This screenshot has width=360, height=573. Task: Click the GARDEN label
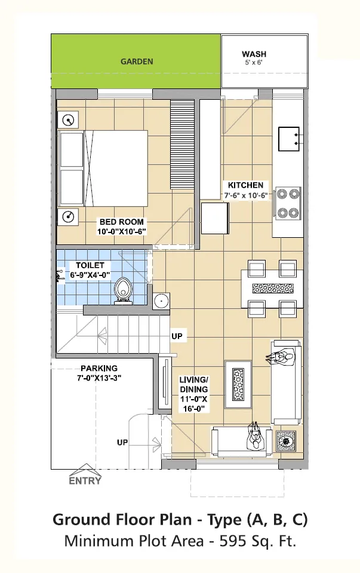137,62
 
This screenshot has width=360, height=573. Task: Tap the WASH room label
254,54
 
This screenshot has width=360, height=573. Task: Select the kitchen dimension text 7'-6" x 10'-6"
246,195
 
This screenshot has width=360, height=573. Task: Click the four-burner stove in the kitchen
288,203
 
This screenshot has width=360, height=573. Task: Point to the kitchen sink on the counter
289,139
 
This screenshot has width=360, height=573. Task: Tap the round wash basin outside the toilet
161,301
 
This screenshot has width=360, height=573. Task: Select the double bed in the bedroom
103,168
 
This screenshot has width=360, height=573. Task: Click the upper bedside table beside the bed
68,120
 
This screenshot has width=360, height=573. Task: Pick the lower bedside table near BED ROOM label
68,217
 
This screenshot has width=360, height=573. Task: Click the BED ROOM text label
122,222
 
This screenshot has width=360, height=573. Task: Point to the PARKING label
99,368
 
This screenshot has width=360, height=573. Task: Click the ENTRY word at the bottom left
85,481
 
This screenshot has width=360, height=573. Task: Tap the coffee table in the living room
238,384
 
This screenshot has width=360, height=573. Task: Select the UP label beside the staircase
177,336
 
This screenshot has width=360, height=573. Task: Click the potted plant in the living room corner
285,441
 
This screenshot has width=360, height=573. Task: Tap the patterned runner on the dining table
273,289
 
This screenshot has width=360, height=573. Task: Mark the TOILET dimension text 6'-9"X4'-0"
90,275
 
